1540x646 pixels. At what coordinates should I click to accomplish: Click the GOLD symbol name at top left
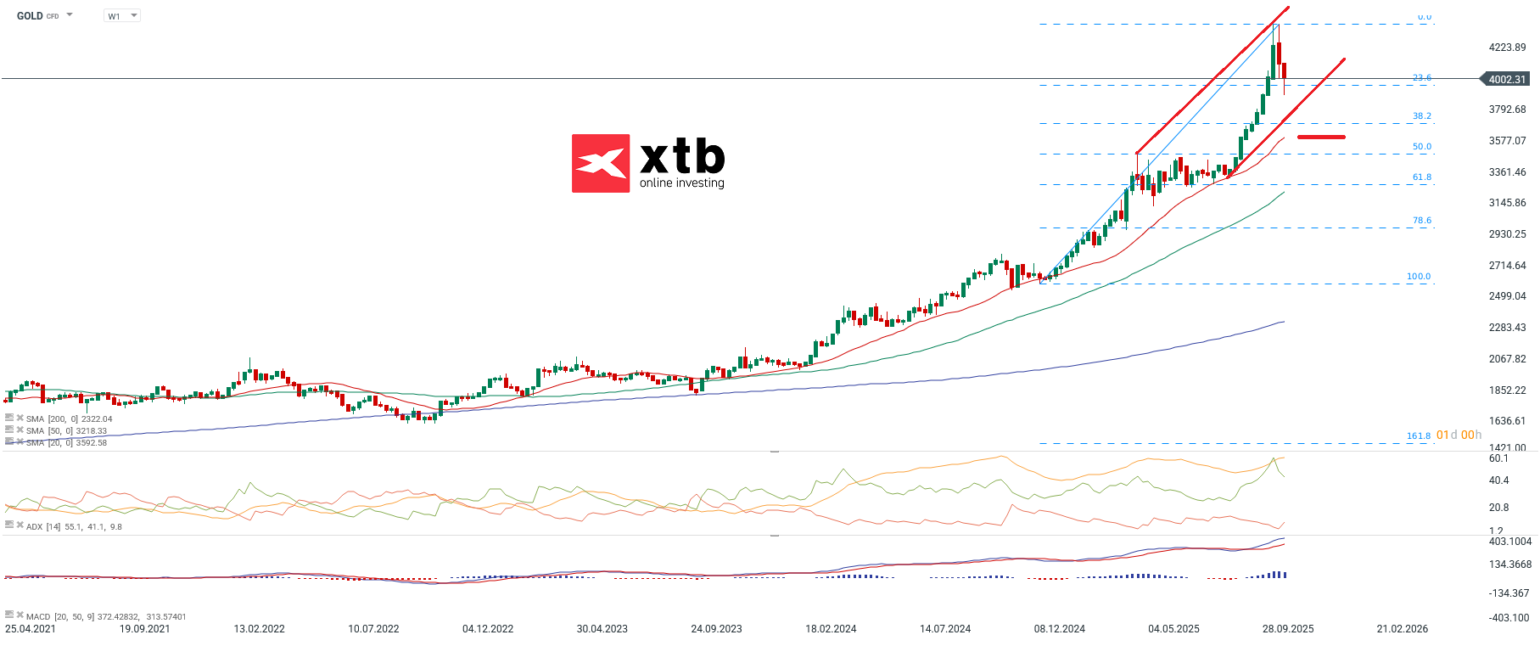click(30, 16)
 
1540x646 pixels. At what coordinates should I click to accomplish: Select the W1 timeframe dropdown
click(121, 16)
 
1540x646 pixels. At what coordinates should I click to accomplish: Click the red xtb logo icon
click(601, 163)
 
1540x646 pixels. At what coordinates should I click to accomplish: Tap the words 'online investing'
click(682, 183)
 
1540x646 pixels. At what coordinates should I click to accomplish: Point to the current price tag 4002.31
click(1507, 79)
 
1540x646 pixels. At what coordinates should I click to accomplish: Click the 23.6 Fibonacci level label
click(1422, 78)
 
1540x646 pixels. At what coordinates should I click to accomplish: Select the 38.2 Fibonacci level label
click(1422, 116)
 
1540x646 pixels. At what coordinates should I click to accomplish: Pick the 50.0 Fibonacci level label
click(1422, 147)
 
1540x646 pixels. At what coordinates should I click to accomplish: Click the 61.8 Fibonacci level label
click(1422, 177)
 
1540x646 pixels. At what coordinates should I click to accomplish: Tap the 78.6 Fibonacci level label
click(1422, 221)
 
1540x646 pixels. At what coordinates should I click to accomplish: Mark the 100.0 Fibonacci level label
click(1419, 277)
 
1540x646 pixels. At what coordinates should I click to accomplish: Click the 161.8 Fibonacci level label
click(1419, 436)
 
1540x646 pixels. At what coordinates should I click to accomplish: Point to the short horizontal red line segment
click(1321, 137)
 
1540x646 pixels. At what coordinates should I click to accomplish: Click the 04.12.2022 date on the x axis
click(488, 629)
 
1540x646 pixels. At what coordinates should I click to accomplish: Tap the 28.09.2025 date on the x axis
click(1288, 629)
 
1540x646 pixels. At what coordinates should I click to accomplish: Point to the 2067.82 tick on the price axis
click(1507, 359)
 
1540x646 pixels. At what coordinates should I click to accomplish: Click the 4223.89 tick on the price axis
click(1507, 48)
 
